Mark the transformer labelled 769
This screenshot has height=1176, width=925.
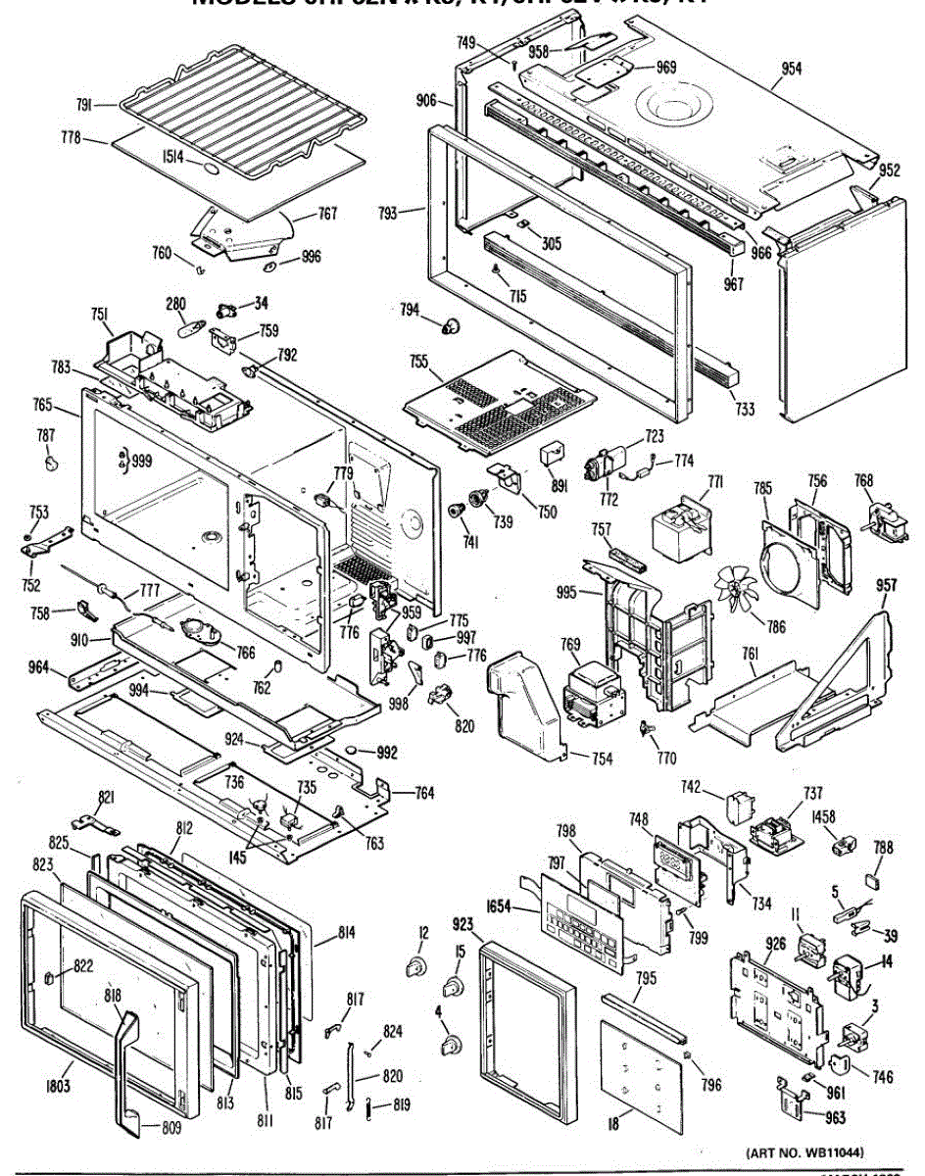click(x=594, y=693)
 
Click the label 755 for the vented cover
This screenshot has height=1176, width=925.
click(x=419, y=362)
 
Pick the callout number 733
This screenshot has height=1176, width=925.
click(x=745, y=409)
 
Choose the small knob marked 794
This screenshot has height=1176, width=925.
click(x=452, y=324)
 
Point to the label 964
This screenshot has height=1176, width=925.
click(x=39, y=669)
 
